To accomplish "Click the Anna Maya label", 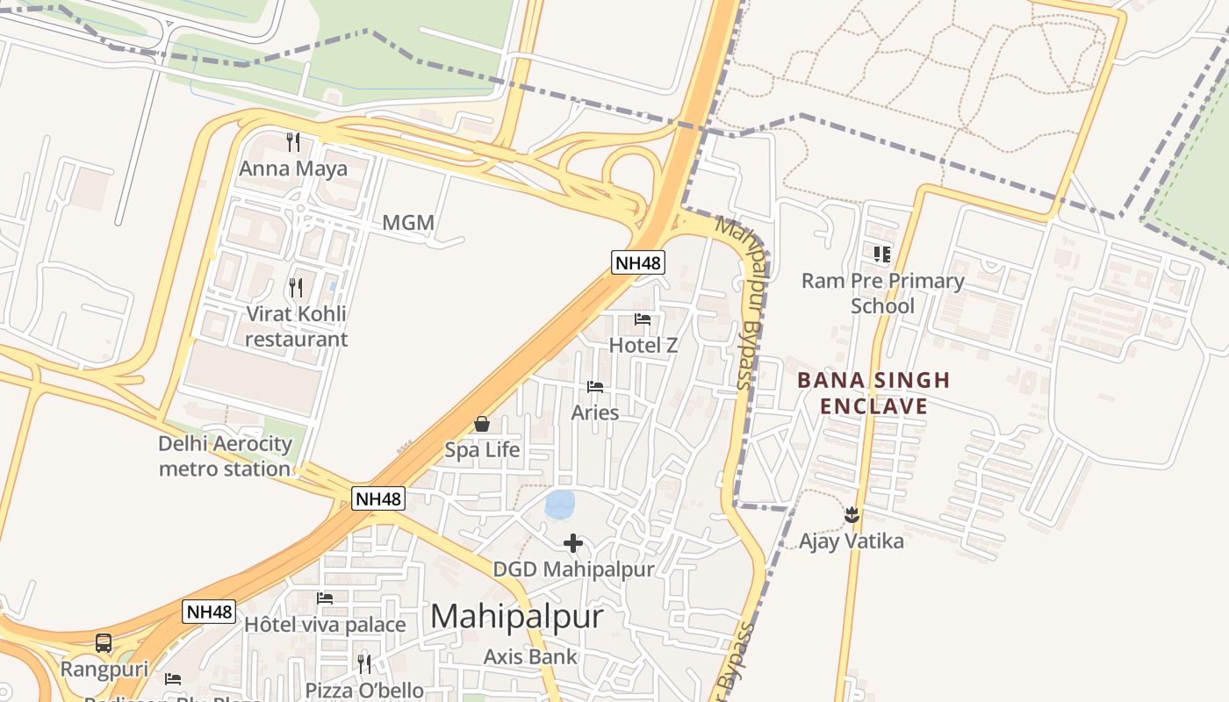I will point(293,168).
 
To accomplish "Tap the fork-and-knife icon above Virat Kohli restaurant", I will point(296,287).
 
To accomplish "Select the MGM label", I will point(408,223).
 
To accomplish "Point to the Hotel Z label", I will point(643,345).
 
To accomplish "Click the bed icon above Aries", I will point(595,386).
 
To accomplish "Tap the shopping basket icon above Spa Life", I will point(482,424).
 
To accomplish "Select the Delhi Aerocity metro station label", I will point(225,455).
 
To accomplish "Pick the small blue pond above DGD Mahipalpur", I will point(559,505).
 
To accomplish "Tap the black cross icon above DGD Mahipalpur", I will point(573,543).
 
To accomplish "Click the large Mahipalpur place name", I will point(517,616).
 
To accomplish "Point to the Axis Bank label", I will point(530,656).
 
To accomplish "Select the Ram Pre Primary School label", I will point(882,293).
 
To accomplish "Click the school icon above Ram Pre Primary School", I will point(882,254).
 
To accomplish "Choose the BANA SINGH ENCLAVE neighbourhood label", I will point(873,392).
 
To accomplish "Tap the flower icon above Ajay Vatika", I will point(851,515).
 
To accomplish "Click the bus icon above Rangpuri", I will point(104,643).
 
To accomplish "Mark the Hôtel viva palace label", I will point(325,625).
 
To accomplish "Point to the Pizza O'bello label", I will point(364,691).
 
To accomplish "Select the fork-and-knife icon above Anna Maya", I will point(293,142).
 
